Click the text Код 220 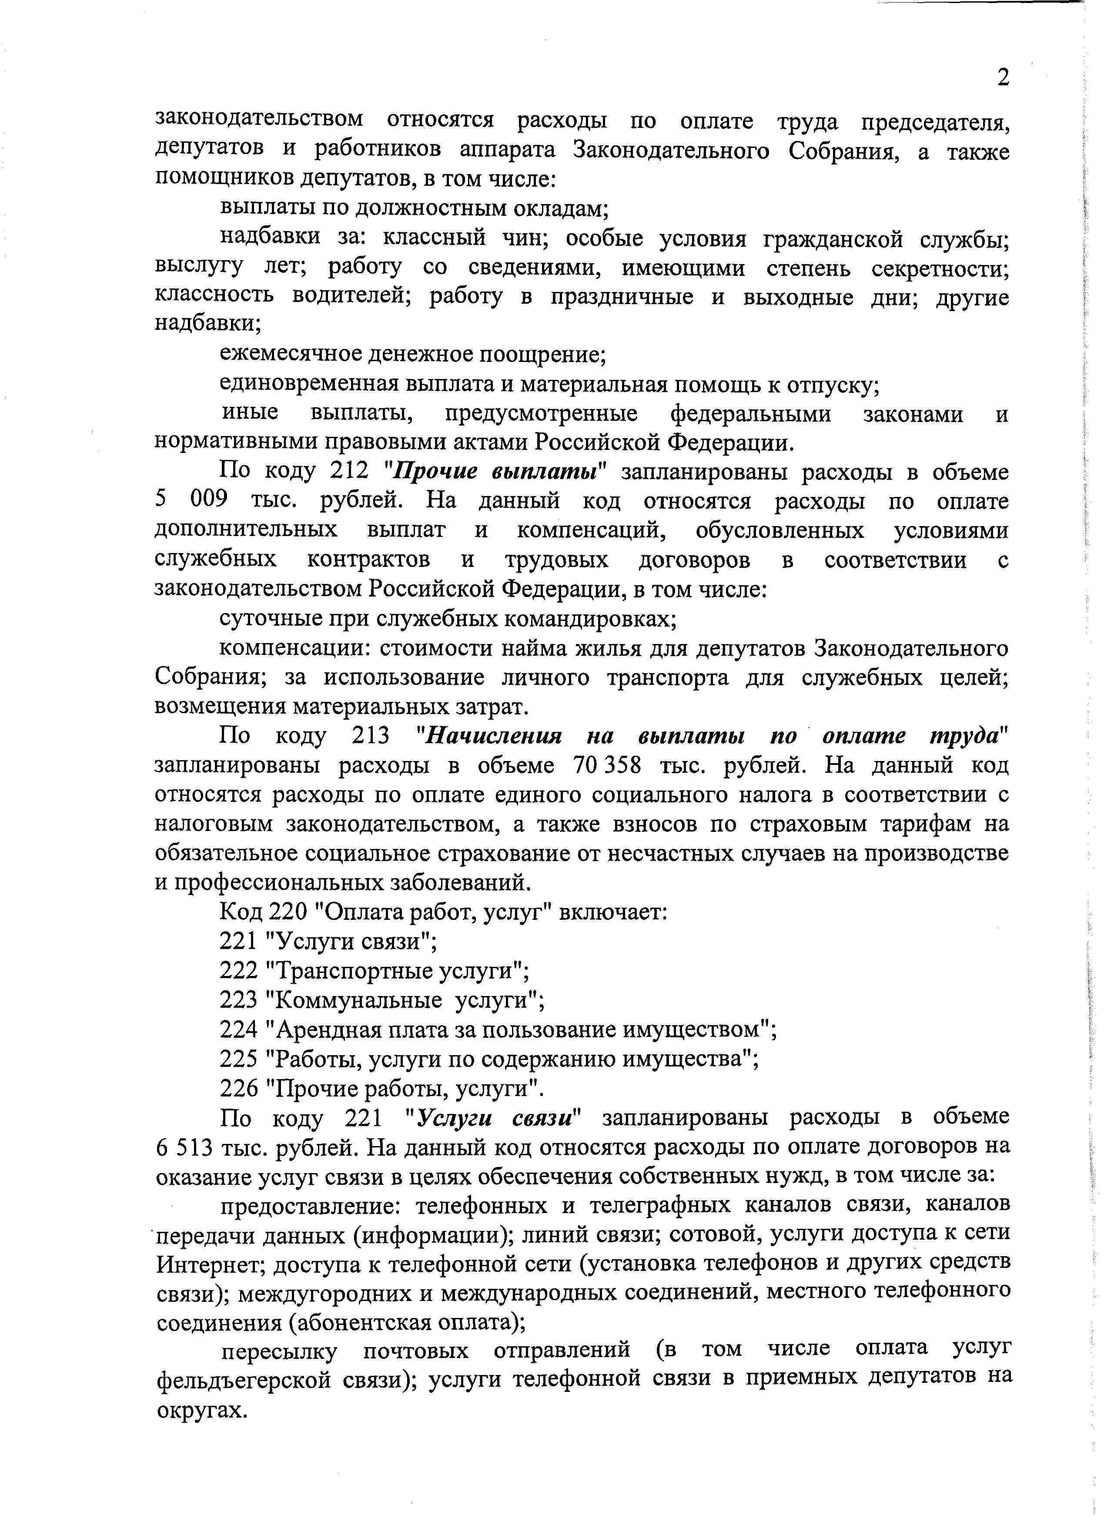[264, 913]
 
